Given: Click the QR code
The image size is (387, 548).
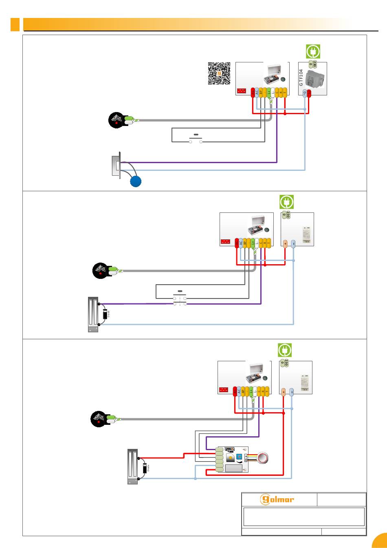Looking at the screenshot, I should (x=219, y=73).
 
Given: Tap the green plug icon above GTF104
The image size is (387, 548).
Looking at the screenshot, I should (x=313, y=52).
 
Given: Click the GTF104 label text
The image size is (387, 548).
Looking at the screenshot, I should (x=301, y=77).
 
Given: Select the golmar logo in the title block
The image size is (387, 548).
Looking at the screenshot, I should (x=277, y=499).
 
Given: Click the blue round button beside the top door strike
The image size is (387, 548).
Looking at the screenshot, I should (x=136, y=182).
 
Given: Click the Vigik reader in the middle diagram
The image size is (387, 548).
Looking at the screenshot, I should (x=100, y=271).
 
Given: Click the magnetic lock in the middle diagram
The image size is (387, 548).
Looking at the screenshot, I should (x=93, y=314).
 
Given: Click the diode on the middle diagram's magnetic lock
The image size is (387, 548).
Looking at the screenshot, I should (x=105, y=314).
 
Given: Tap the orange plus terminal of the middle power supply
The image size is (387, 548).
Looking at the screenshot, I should (x=285, y=243).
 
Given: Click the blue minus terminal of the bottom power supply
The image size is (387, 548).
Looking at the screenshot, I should (x=292, y=392).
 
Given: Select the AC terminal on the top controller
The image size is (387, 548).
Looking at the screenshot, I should (x=257, y=93).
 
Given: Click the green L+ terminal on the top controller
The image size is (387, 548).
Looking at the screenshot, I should (x=268, y=93).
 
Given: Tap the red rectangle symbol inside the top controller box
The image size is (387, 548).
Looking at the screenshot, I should (x=241, y=91).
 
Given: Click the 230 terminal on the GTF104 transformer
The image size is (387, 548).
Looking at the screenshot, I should (x=314, y=64).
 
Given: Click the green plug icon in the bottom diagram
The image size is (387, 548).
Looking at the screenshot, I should (x=285, y=350).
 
